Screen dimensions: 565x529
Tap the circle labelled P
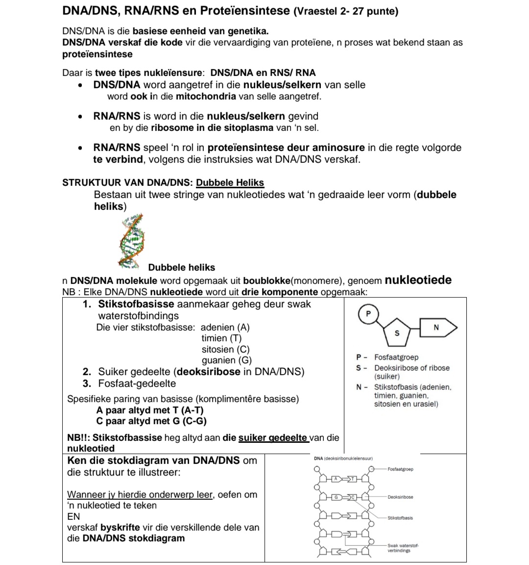pos(369,314)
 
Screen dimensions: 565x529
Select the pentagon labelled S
pos(397,333)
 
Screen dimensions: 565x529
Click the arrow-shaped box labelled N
pos(437,328)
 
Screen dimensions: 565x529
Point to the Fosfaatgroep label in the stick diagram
pos(400,469)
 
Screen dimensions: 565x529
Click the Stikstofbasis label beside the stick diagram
pos(400,518)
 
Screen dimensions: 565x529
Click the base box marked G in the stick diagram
pos(336,497)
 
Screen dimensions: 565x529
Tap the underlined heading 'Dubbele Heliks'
pos(230,183)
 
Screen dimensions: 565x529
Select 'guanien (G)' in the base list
pos(226,360)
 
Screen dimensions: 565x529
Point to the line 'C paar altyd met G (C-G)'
pos(151,421)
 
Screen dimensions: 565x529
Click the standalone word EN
pos(73,516)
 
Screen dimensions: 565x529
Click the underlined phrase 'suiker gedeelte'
pos(273,437)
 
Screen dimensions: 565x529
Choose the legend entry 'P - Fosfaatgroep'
pos(387,358)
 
